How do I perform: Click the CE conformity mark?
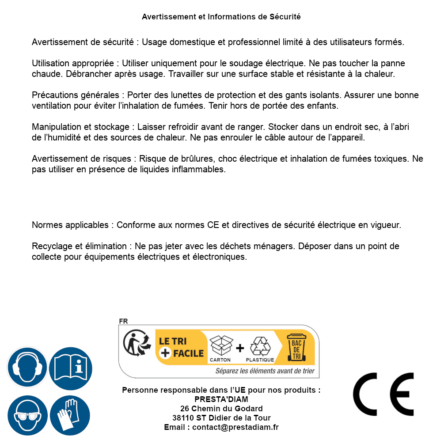point(383,394)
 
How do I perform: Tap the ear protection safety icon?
point(27,367)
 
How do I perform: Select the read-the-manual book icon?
point(70,367)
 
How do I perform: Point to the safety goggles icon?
point(27,415)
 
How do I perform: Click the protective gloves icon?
point(70,415)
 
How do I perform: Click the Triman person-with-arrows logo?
point(134,344)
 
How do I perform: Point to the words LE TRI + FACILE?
point(181,347)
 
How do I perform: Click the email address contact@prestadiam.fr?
point(235,427)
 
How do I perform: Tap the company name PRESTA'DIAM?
point(221,399)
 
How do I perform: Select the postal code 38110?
point(183,418)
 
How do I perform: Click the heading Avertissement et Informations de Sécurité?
point(221,17)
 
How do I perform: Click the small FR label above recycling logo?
point(123,321)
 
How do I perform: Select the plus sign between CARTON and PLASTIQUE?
point(240,348)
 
